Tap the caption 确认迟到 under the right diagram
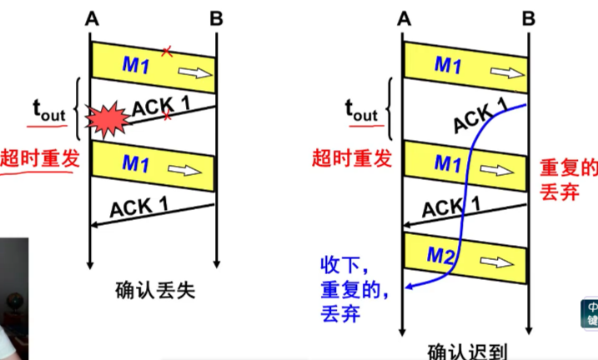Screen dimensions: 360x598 click(x=467, y=351)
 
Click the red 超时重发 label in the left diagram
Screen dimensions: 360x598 click(x=40, y=158)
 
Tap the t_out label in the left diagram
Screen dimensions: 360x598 click(x=48, y=108)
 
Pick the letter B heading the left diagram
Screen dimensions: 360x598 click(x=216, y=17)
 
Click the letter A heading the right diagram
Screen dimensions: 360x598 click(x=404, y=17)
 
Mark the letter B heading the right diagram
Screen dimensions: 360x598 click(x=528, y=17)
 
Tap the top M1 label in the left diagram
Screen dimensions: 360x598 click(x=135, y=66)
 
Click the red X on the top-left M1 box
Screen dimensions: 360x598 click(x=166, y=52)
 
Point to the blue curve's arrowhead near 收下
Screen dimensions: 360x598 click(x=408, y=288)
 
